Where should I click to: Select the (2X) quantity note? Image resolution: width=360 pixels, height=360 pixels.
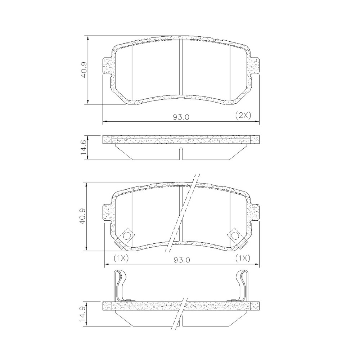(x=243, y=115)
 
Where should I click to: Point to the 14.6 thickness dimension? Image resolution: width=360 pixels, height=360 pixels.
(x=84, y=147)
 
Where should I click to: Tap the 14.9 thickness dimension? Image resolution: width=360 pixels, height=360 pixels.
(x=83, y=314)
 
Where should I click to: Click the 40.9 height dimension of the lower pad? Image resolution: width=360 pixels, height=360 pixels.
(x=83, y=216)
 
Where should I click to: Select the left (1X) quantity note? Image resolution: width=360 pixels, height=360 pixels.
(x=121, y=258)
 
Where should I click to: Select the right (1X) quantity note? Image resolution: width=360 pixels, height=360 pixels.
(x=243, y=258)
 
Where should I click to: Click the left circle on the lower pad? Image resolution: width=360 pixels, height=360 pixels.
(x=127, y=235)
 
